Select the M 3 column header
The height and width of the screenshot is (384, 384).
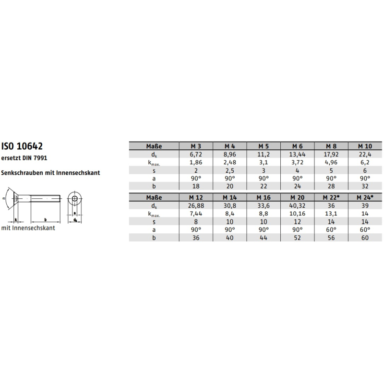click(195, 145)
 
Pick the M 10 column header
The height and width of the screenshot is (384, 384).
click(365, 145)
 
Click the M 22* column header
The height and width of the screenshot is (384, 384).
click(331, 197)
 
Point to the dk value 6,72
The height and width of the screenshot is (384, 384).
click(195, 154)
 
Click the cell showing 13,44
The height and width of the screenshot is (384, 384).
click(297, 154)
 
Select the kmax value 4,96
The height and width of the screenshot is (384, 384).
click(331, 162)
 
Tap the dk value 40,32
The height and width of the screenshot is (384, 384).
click(297, 206)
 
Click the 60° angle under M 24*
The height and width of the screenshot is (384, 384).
click(365, 230)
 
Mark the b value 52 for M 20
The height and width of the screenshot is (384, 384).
click(297, 239)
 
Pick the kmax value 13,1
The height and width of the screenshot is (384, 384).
click(331, 214)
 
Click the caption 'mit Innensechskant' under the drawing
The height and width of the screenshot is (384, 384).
click(28, 228)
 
